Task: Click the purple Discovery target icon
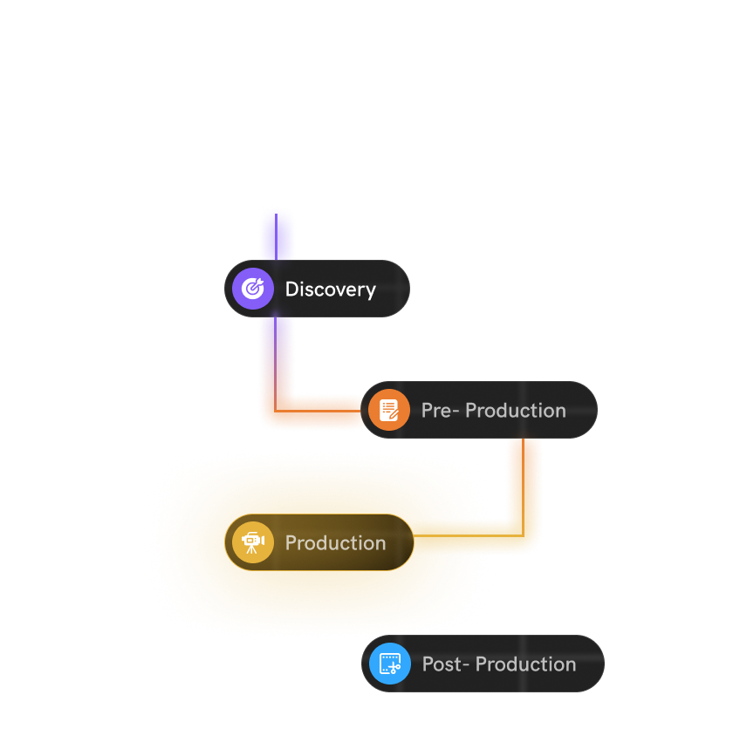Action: [x=253, y=289]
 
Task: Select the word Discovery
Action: [x=330, y=289]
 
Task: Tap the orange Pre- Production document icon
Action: [x=389, y=410]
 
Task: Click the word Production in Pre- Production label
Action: [x=516, y=410]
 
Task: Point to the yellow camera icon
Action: [x=252, y=542]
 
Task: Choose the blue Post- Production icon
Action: [x=390, y=664]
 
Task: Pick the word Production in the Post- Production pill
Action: [x=525, y=664]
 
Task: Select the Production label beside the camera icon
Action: [x=335, y=543]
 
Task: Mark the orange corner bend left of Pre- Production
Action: [x=276, y=411]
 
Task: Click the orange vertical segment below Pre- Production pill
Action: [x=524, y=480]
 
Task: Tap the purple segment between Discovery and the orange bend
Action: [x=277, y=349]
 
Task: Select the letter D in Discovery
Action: [x=291, y=289]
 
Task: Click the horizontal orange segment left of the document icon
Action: [x=323, y=411]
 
